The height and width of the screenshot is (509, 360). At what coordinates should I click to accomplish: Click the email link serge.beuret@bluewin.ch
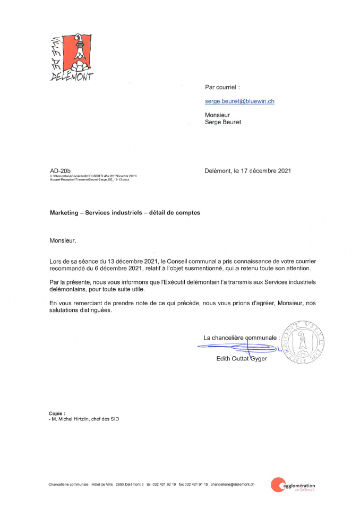point(239,100)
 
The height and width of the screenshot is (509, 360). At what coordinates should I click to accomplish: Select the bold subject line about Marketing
point(125,212)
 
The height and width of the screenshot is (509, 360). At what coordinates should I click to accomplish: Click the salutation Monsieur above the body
point(63,240)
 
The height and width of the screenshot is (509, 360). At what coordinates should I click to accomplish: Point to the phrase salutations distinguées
point(81,310)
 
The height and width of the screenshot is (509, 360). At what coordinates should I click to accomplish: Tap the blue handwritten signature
point(239,348)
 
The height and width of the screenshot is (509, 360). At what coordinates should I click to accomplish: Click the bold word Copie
point(56,413)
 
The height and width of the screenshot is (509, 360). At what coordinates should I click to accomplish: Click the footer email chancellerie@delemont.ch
point(233,484)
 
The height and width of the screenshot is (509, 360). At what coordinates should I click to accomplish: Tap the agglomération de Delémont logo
point(293,485)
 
